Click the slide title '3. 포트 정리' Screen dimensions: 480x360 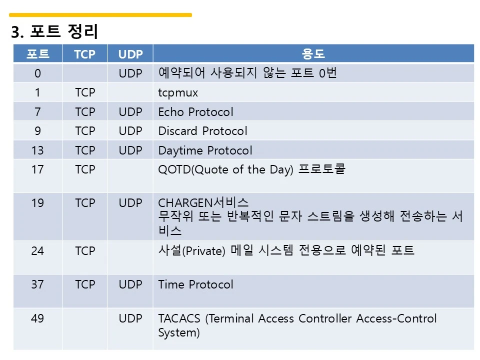[x=54, y=31]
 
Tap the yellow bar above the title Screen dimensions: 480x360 [x=100, y=14]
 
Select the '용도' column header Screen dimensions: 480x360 [x=313, y=54]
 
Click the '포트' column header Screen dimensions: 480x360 [x=37, y=54]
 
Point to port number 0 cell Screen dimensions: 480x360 [x=37, y=73]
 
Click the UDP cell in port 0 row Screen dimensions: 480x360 [x=130, y=73]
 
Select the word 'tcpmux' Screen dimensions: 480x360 [x=178, y=93]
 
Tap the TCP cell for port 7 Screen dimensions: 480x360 [x=85, y=112]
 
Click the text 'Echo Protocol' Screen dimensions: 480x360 [x=195, y=112]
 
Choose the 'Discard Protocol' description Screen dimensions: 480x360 [x=202, y=131]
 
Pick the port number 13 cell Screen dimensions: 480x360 [x=37, y=150]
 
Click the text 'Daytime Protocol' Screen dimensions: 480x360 [x=205, y=150]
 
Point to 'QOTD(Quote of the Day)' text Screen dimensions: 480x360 [x=225, y=169]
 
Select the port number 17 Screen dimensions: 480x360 [x=37, y=169]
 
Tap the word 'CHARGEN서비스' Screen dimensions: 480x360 [x=203, y=202]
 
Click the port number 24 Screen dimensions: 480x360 [x=37, y=251]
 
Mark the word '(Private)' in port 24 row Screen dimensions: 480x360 [x=203, y=251]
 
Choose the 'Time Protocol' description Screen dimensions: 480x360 [x=195, y=284]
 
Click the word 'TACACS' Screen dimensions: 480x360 [x=179, y=318]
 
